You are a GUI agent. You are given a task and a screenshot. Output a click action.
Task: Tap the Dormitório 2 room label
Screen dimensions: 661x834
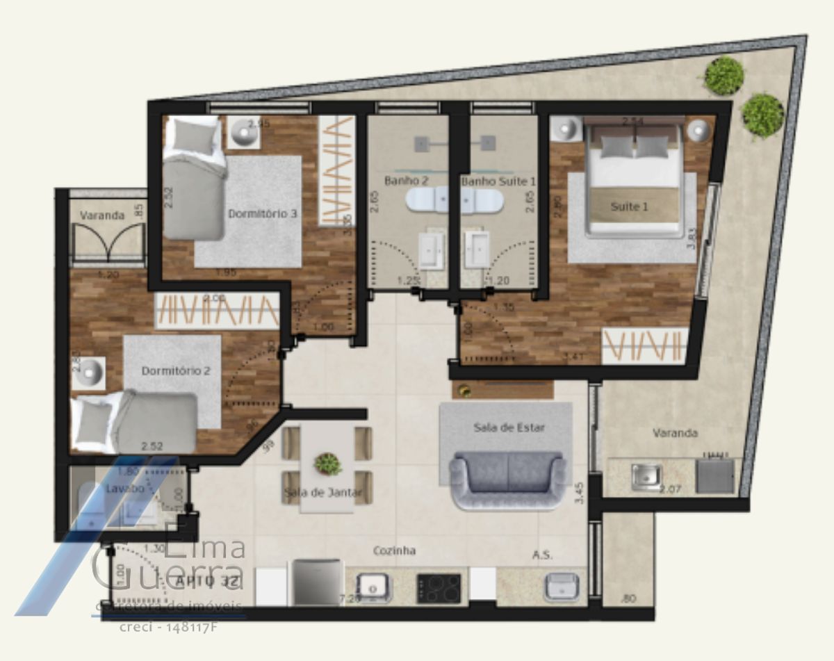coord(176,371)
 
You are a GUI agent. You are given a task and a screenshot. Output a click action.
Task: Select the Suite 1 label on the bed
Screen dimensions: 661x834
coord(629,207)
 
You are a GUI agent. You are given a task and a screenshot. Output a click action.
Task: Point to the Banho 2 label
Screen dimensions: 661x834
coord(406,181)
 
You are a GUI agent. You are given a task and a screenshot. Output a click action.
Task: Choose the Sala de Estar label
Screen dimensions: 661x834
coord(509,427)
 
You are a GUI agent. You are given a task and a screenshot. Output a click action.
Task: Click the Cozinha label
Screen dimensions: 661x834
coord(394,550)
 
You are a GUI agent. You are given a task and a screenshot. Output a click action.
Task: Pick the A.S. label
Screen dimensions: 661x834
coord(542,555)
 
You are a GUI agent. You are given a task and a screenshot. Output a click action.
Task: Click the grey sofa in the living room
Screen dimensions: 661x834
coord(507,480)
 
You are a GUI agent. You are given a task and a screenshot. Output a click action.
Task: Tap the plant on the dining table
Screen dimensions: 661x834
coord(327,464)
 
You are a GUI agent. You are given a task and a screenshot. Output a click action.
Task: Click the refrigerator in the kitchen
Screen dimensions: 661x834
coord(316,582)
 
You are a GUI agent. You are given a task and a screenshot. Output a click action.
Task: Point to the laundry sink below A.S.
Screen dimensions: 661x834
coord(562,587)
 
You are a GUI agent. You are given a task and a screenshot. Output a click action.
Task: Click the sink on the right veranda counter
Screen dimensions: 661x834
coord(646,477)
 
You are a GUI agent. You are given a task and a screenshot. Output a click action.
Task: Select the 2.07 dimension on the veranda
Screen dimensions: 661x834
coord(671,489)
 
